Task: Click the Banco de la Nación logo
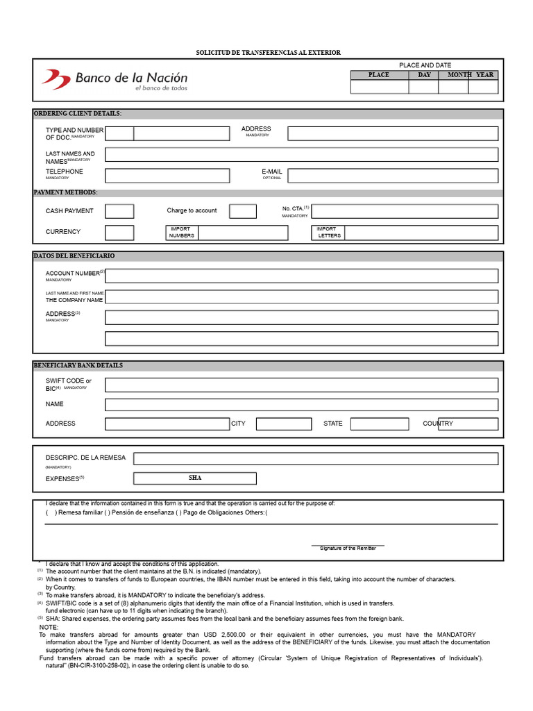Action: tap(115, 80)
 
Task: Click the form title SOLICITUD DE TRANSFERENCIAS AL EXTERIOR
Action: tap(268, 53)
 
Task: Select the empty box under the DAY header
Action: tap(423, 87)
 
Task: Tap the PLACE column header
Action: tap(379, 75)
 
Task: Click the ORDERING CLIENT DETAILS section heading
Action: tap(77, 113)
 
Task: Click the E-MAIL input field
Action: tap(393, 176)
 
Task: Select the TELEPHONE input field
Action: tap(167, 176)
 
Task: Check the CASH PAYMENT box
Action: tap(119, 211)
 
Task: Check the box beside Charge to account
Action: tap(243, 211)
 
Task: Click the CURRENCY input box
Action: tap(119, 233)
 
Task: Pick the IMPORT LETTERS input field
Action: tap(421, 233)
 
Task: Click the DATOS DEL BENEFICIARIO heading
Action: tap(74, 256)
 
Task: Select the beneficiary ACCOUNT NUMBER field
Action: tap(301, 276)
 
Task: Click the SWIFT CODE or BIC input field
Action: tap(301, 385)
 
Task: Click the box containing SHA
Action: tap(195, 478)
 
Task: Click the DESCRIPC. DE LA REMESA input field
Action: tap(315, 458)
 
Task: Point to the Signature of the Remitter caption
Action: tap(348, 549)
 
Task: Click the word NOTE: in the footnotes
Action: tap(49, 627)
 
